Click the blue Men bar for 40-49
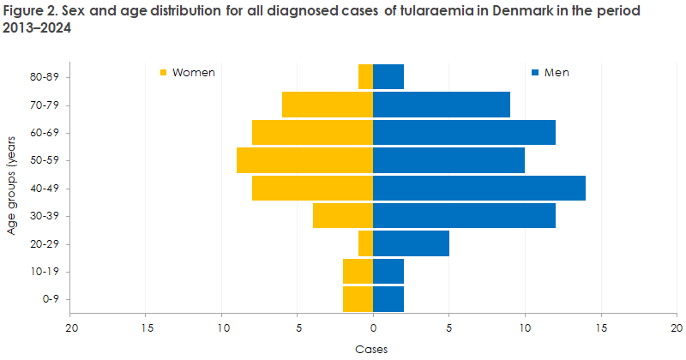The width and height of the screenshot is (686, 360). click(479, 188)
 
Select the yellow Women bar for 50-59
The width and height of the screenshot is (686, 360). click(304, 160)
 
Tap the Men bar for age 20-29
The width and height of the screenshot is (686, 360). click(411, 243)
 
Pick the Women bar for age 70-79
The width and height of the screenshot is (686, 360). click(328, 105)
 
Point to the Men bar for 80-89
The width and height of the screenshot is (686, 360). click(388, 76)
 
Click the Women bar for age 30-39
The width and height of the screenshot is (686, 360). click(343, 216)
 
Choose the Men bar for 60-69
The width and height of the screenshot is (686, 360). click(464, 132)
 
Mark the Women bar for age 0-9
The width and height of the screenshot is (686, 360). click(358, 299)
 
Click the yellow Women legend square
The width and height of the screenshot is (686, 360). click(164, 73)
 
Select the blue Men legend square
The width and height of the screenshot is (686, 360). click(536, 73)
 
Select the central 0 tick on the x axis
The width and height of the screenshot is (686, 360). click(373, 327)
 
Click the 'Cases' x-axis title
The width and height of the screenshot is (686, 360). click(373, 349)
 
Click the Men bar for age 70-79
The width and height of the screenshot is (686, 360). click(442, 105)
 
